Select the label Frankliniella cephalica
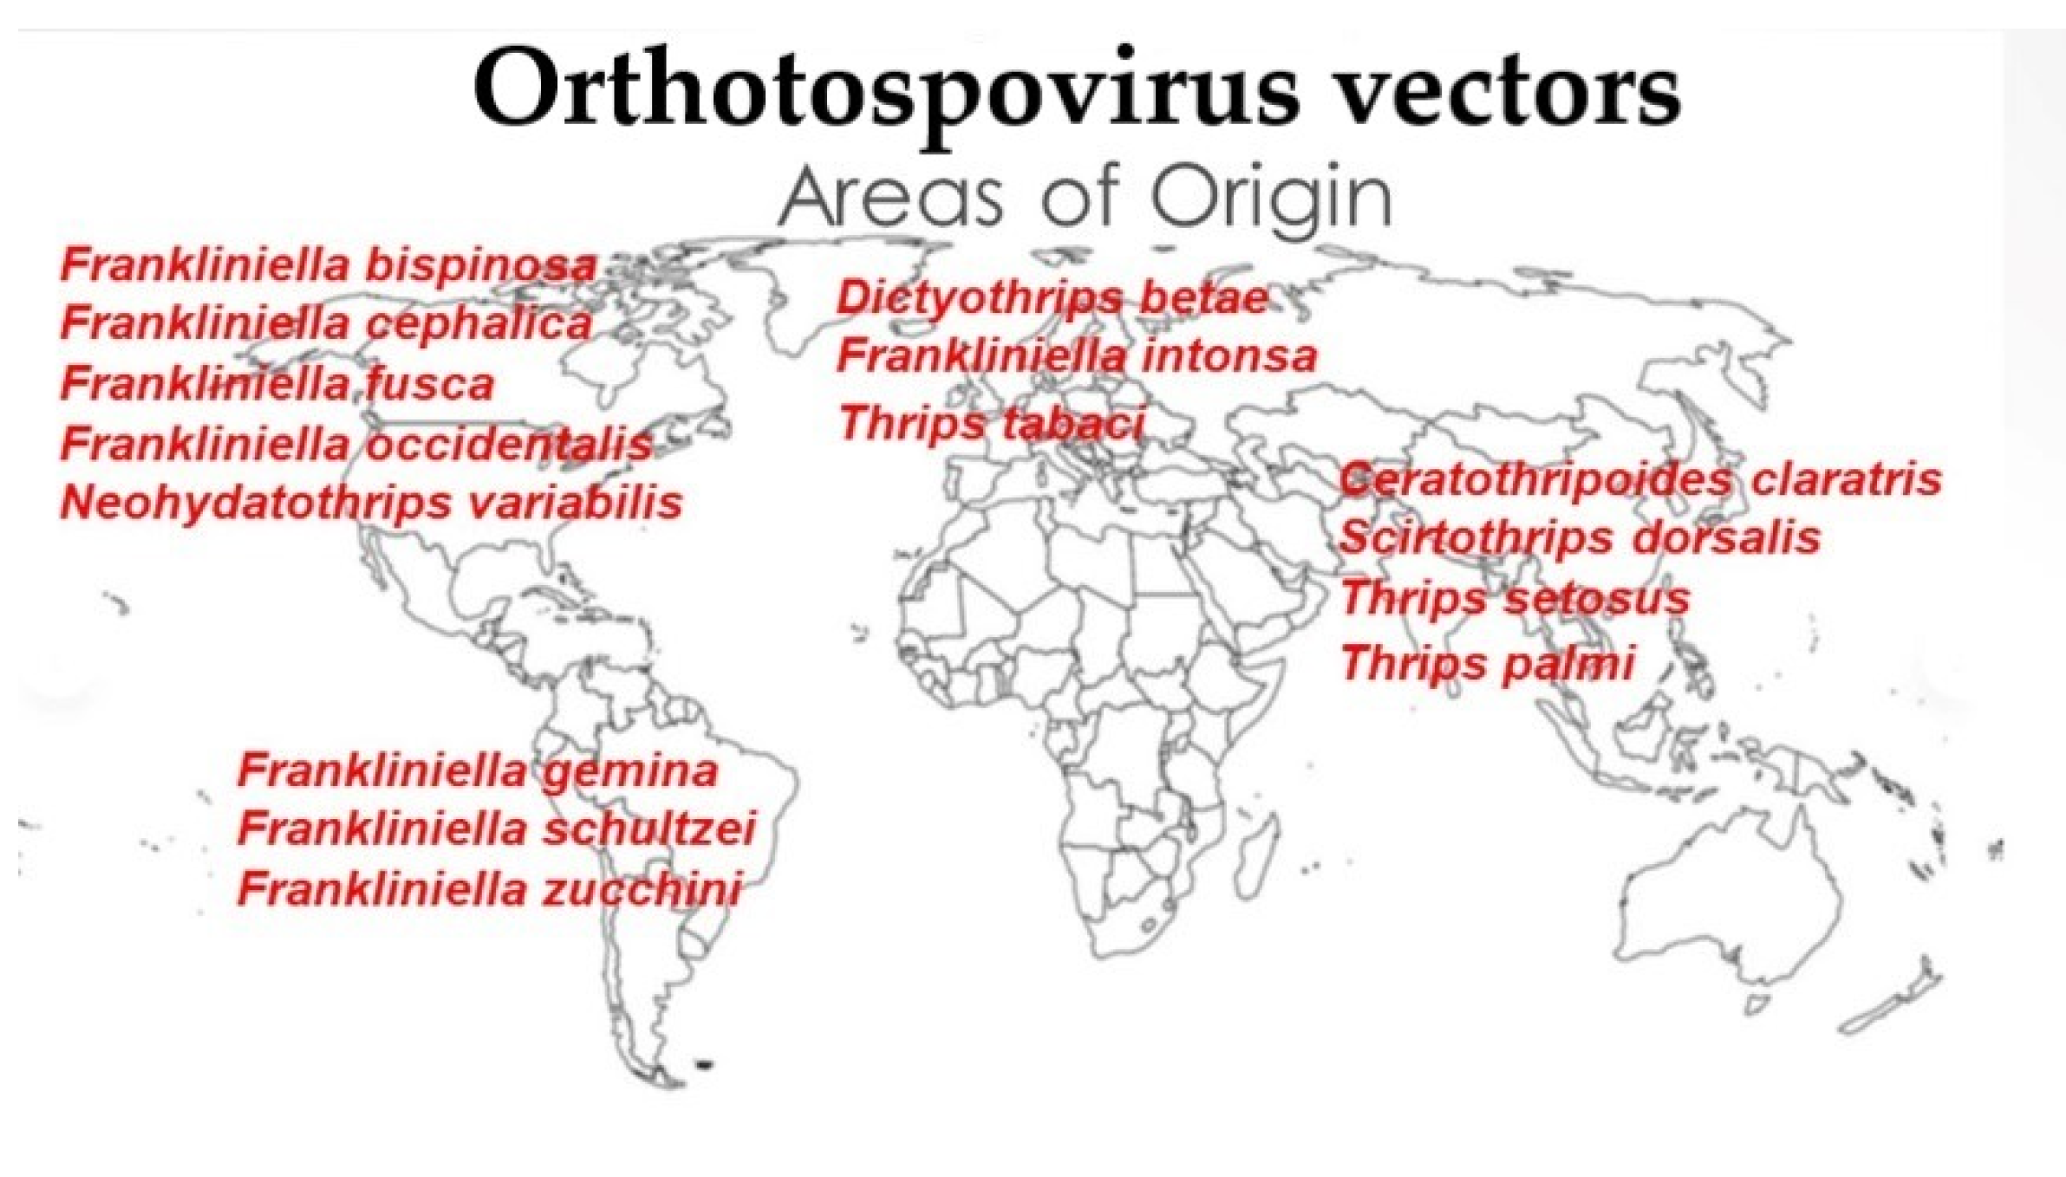327,324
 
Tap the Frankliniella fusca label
277,384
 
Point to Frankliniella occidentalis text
356,444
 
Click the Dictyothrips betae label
1052,298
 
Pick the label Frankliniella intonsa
1077,356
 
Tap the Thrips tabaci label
991,425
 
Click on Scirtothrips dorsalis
1579,537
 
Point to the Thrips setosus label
1515,598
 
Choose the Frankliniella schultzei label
497,829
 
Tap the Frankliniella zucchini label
490,889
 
